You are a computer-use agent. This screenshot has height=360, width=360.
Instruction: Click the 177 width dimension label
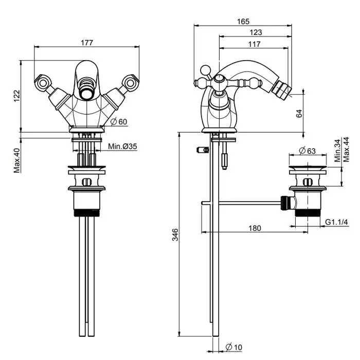point(87,43)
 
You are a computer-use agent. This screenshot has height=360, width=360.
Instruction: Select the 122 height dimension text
point(16,95)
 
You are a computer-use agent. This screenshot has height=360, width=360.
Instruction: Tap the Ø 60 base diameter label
point(119,122)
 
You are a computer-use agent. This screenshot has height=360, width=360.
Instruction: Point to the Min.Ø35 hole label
point(122,147)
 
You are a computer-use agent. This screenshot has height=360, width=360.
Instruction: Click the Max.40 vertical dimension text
point(16,160)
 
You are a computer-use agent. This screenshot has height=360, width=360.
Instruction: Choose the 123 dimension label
point(256,32)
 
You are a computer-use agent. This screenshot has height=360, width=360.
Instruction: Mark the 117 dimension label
point(254,44)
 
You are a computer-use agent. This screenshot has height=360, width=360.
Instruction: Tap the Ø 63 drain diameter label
point(307,151)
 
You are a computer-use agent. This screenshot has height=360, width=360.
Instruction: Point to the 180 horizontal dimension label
point(254,228)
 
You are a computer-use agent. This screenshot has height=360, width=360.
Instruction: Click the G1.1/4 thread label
point(337,222)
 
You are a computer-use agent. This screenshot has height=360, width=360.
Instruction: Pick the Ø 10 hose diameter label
point(234,348)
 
